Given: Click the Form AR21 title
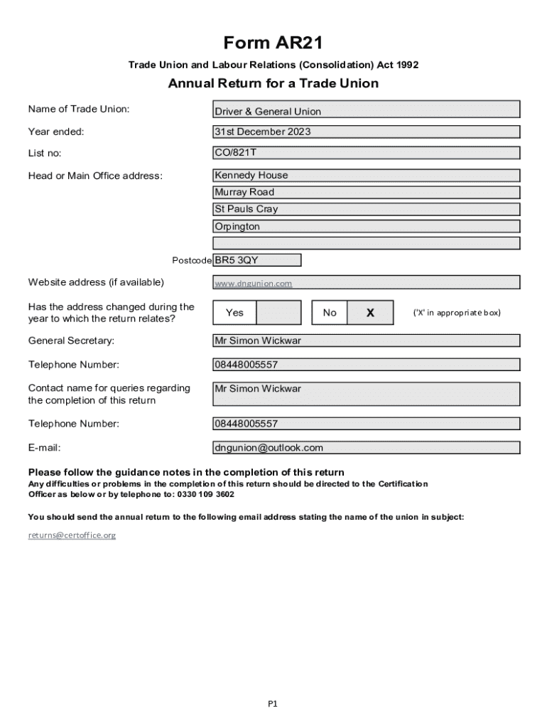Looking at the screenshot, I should point(273,43).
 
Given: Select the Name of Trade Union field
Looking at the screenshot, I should point(367,110).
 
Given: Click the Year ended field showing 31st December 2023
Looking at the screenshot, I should point(367,132).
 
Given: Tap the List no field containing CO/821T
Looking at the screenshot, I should point(367,153).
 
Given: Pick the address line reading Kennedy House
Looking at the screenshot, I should point(367,176).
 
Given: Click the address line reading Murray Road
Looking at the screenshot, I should point(367,193).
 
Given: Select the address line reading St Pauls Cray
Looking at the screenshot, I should point(367,210).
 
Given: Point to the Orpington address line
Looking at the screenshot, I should point(367,227).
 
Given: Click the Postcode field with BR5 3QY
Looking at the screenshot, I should point(257,260).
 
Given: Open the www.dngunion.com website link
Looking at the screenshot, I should point(254,284).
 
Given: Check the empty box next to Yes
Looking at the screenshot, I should point(278,313).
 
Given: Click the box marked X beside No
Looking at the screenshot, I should point(370,313).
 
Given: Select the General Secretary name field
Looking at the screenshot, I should point(367,341).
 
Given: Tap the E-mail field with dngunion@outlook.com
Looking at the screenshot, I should point(367,448).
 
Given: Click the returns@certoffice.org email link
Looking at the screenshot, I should point(72,535).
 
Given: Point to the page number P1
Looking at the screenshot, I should point(273,704).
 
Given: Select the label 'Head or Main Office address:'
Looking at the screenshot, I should point(95,176).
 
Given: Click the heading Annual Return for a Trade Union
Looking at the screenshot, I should point(273,83).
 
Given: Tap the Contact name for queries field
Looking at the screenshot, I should point(367,394).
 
